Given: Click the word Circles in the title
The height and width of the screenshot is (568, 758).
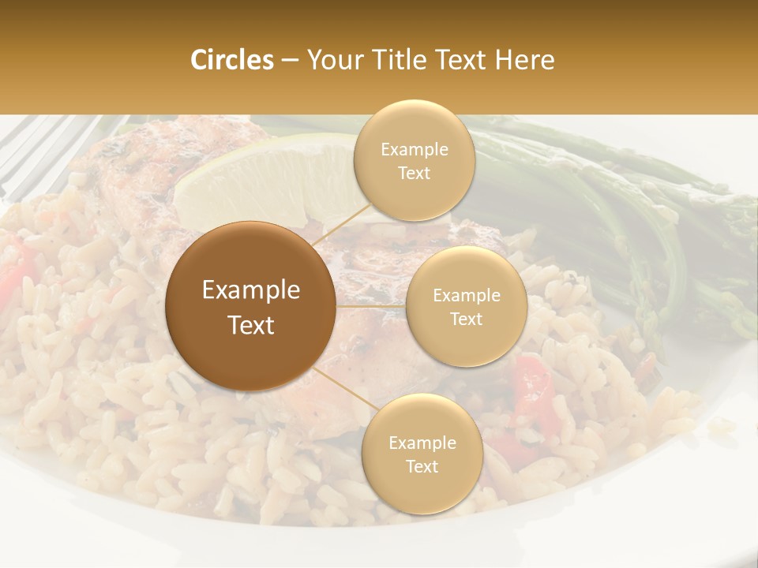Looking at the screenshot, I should click(x=231, y=60).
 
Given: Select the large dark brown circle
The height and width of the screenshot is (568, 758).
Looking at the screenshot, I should click(x=250, y=305).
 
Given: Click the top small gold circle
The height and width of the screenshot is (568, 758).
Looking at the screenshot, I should click(x=414, y=160).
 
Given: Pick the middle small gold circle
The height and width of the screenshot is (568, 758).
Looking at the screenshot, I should click(x=466, y=306).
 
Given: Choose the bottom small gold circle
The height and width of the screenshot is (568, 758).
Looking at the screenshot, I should click(x=422, y=454).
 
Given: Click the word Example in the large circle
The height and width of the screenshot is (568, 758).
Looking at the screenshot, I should click(x=251, y=290).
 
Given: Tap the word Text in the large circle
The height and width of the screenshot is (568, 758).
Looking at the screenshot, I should click(x=251, y=325).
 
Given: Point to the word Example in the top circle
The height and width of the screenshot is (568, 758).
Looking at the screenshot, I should click(x=415, y=149).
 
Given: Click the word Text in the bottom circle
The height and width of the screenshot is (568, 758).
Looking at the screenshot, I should click(x=422, y=466).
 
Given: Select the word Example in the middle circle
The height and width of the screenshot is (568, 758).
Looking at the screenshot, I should click(x=467, y=295).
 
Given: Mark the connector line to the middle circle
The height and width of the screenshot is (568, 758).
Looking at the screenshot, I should click(x=371, y=305).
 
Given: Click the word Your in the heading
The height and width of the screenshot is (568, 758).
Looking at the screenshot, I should click(x=334, y=60).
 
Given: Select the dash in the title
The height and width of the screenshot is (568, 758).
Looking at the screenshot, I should click(x=289, y=61).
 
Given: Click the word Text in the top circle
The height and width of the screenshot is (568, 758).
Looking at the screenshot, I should click(x=414, y=173).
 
